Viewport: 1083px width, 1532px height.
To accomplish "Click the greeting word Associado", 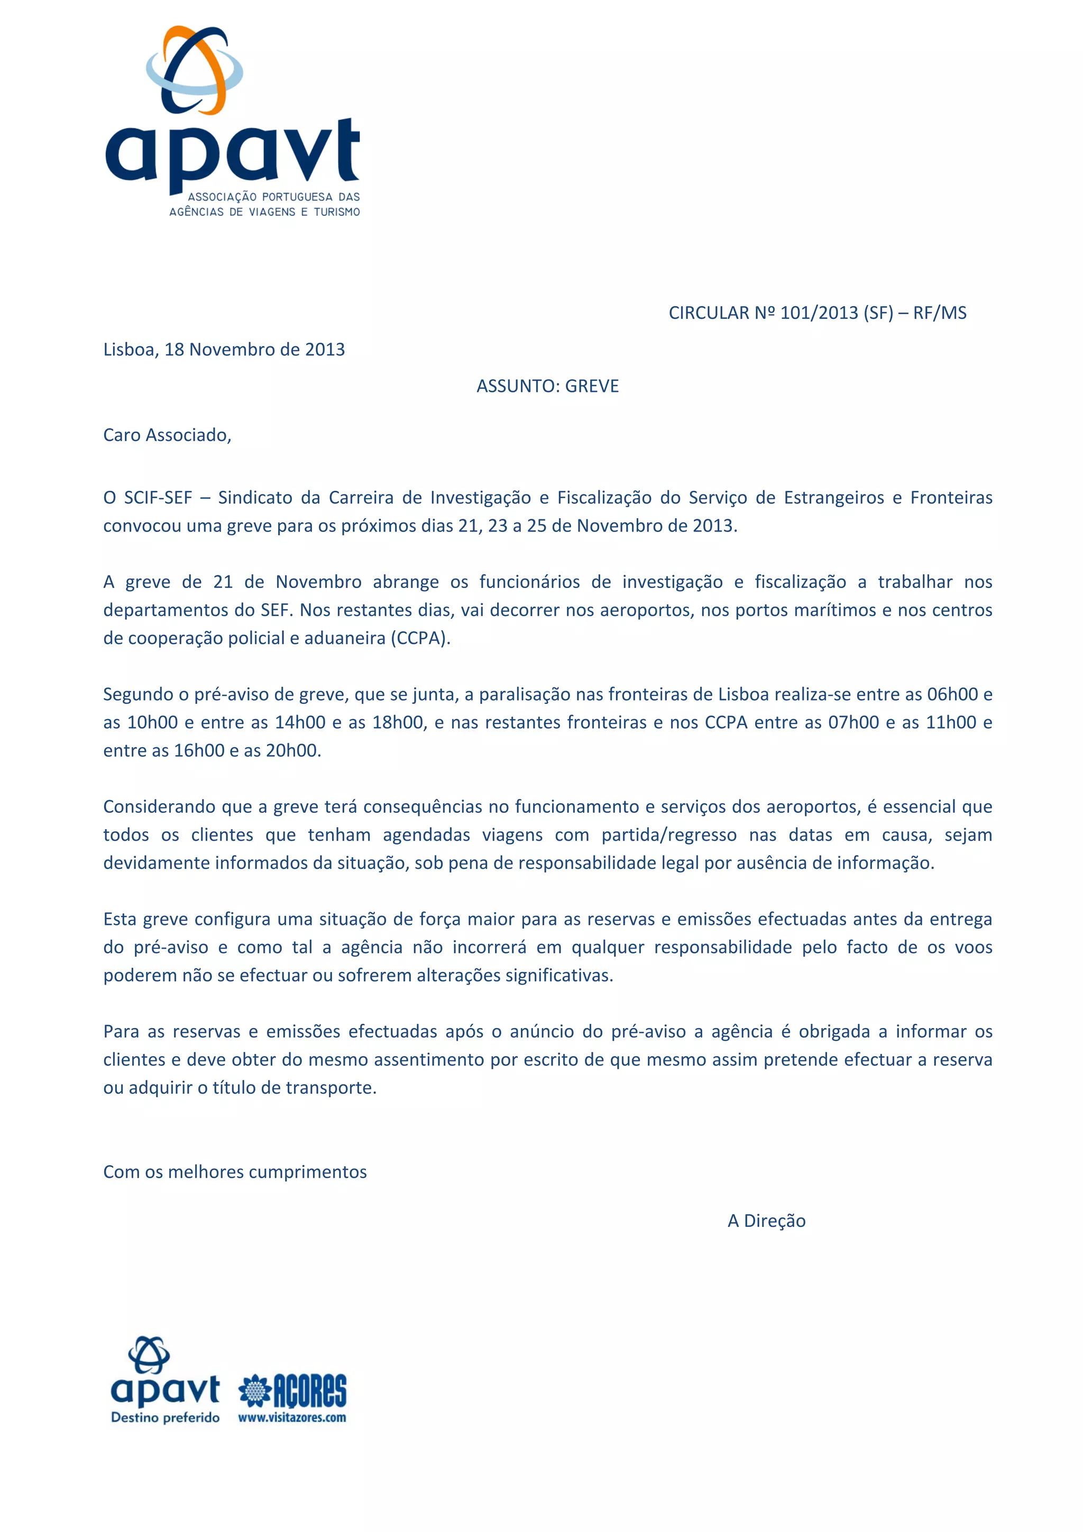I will pos(188,435).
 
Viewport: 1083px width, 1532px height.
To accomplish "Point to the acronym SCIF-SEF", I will pos(158,498).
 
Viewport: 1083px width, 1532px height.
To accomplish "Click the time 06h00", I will pos(952,694).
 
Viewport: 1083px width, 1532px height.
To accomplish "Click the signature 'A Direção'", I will pos(766,1221).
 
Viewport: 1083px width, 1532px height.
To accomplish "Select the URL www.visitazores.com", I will pos(292,1418).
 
